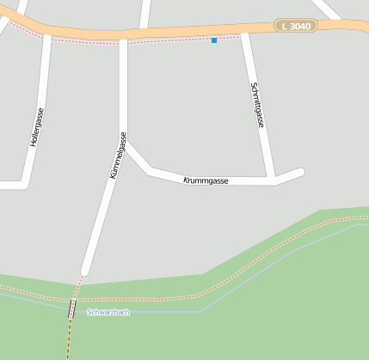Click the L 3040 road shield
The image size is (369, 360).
coord(296,26)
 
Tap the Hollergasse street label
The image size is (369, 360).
coord(37,126)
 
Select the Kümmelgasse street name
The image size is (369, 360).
coord(118,155)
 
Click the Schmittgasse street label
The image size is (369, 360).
coord(257,106)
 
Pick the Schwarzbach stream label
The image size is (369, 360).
coord(108,312)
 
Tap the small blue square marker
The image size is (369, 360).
coord(214,40)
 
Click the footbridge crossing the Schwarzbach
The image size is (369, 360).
coord(71,309)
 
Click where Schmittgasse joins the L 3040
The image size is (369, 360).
coord(244,33)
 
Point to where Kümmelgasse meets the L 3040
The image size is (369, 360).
coord(123,39)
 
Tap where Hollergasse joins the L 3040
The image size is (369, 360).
coord(47,34)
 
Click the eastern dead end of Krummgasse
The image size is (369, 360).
coord(300,172)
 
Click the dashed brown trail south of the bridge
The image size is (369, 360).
coord(68,339)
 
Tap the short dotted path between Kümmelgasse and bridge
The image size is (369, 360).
coord(79,286)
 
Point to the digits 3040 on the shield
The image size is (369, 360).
coord(300,26)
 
